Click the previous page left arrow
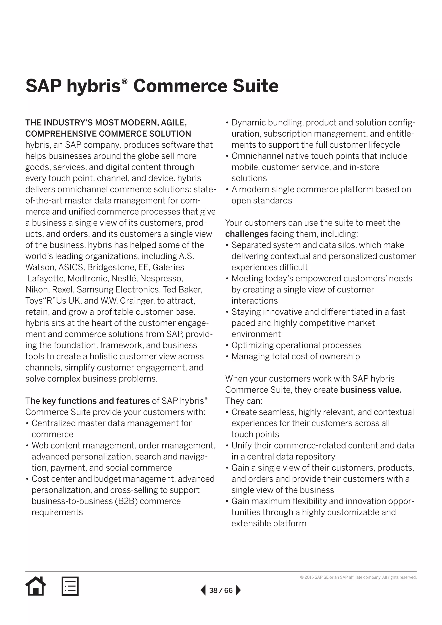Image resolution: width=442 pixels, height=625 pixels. point(203,590)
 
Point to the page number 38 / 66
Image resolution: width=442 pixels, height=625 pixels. point(221,590)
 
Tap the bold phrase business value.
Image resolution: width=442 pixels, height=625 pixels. point(371,390)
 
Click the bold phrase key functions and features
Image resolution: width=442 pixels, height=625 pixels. point(96,401)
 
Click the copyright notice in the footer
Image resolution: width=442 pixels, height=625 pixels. point(358,577)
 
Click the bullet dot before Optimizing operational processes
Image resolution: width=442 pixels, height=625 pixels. point(227,346)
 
